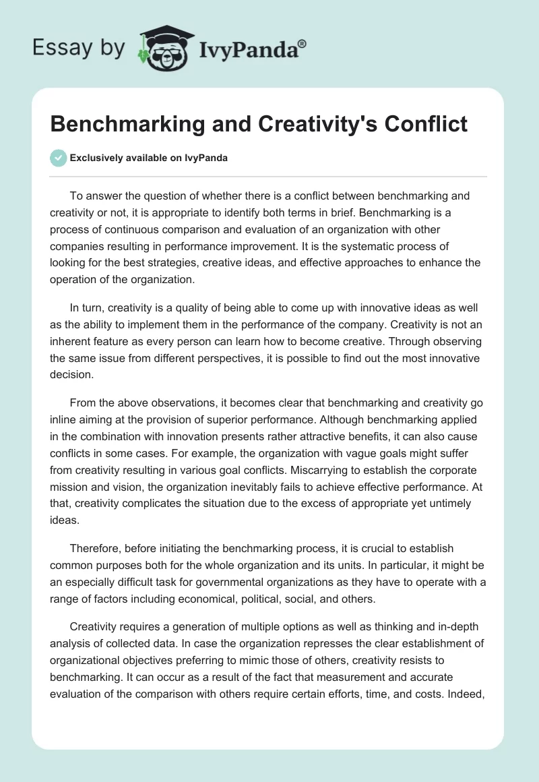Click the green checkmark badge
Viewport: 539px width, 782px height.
pos(58,158)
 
